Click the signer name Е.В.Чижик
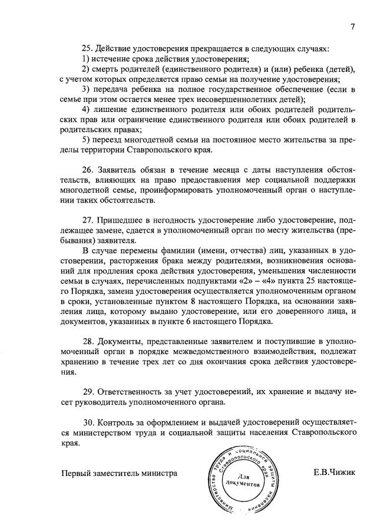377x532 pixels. [336, 473]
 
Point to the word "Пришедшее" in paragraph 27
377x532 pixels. [121, 219]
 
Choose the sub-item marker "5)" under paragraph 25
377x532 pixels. [87, 139]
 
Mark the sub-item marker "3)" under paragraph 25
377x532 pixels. [87, 88]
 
